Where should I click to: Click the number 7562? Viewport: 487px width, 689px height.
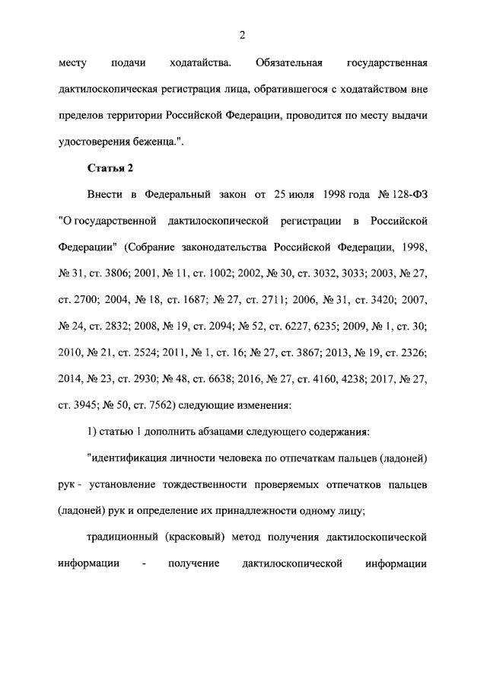click(x=147, y=406)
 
